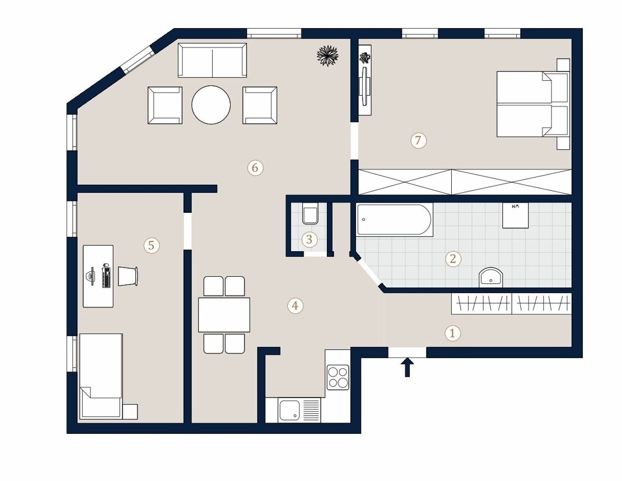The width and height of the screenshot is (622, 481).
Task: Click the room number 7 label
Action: (x=418, y=140)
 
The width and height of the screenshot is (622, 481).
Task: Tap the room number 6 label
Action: (x=255, y=167)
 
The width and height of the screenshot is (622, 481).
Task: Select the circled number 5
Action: (x=152, y=245)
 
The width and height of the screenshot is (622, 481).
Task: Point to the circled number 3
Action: (x=310, y=239)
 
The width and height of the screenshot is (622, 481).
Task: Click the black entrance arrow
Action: (x=407, y=368)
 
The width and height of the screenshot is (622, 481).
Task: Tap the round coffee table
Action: (x=211, y=105)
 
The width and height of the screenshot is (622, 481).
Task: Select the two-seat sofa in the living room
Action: (x=212, y=60)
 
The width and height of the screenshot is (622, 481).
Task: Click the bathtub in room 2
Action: (x=395, y=220)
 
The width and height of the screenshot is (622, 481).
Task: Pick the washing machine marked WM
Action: (x=515, y=216)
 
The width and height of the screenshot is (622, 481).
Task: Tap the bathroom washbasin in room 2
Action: (x=491, y=277)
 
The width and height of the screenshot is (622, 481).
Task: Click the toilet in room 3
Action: (x=310, y=213)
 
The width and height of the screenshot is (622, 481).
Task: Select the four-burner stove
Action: (x=338, y=377)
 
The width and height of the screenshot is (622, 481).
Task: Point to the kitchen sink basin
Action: (x=290, y=410)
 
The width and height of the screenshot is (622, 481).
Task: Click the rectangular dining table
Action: (x=224, y=315)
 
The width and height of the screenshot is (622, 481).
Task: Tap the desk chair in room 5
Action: (x=128, y=276)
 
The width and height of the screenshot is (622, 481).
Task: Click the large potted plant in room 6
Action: (x=327, y=55)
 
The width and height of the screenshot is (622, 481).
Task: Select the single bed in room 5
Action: (x=101, y=376)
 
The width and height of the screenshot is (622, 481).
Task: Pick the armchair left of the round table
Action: (x=165, y=105)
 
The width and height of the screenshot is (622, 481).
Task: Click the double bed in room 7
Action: (x=533, y=104)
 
